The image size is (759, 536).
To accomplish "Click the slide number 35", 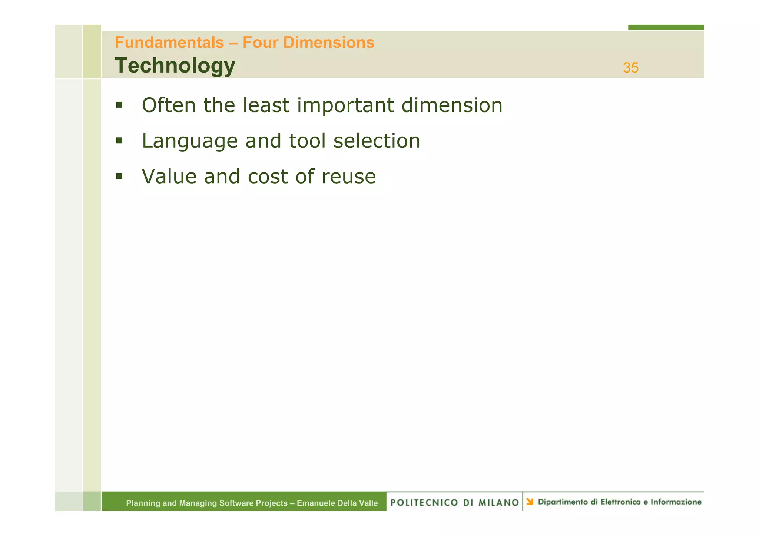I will coord(630,68).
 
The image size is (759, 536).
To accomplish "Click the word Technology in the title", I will coord(175,66).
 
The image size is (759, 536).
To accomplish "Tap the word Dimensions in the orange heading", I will coord(329,43).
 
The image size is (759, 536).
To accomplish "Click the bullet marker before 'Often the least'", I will coord(119,105).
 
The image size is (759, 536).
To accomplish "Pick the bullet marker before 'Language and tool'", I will coord(119,141).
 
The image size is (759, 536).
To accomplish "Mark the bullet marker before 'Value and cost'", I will coord(119,176).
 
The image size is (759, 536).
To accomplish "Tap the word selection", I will coord(377,141).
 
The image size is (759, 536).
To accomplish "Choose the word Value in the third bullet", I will coord(169,176).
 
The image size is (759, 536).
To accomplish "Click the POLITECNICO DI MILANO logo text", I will coord(454,502).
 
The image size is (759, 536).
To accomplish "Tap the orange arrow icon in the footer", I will coord(530,502).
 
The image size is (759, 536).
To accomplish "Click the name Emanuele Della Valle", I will coord(337,503).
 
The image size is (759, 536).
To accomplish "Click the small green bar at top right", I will coord(666,27).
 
